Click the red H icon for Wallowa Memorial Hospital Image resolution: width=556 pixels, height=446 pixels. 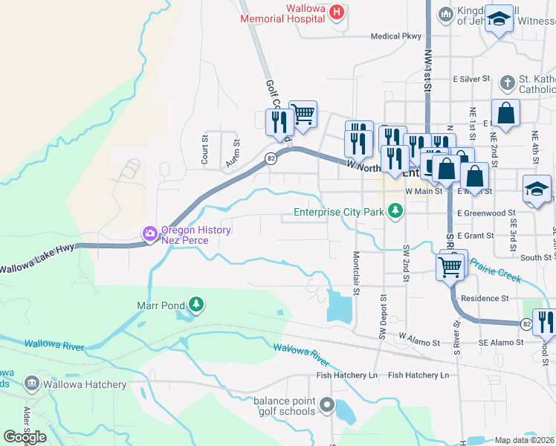[337, 12]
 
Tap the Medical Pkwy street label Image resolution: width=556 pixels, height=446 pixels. [395, 36]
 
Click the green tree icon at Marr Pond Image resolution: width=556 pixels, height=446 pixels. [195, 305]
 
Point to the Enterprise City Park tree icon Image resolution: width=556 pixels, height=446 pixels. [396, 213]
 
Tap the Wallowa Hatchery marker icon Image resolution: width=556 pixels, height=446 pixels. [32, 384]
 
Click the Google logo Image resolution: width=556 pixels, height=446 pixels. [25, 437]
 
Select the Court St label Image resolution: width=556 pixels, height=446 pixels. [204, 139]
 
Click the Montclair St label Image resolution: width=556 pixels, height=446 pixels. [356, 272]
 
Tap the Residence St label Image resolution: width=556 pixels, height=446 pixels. [484, 298]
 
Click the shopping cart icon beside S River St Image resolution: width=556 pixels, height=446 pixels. [450, 266]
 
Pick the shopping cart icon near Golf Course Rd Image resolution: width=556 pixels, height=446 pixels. [303, 114]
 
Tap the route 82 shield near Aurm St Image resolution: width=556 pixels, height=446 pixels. [271, 158]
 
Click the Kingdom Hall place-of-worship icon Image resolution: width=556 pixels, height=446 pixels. [446, 13]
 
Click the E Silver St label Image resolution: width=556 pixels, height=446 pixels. [472, 78]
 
